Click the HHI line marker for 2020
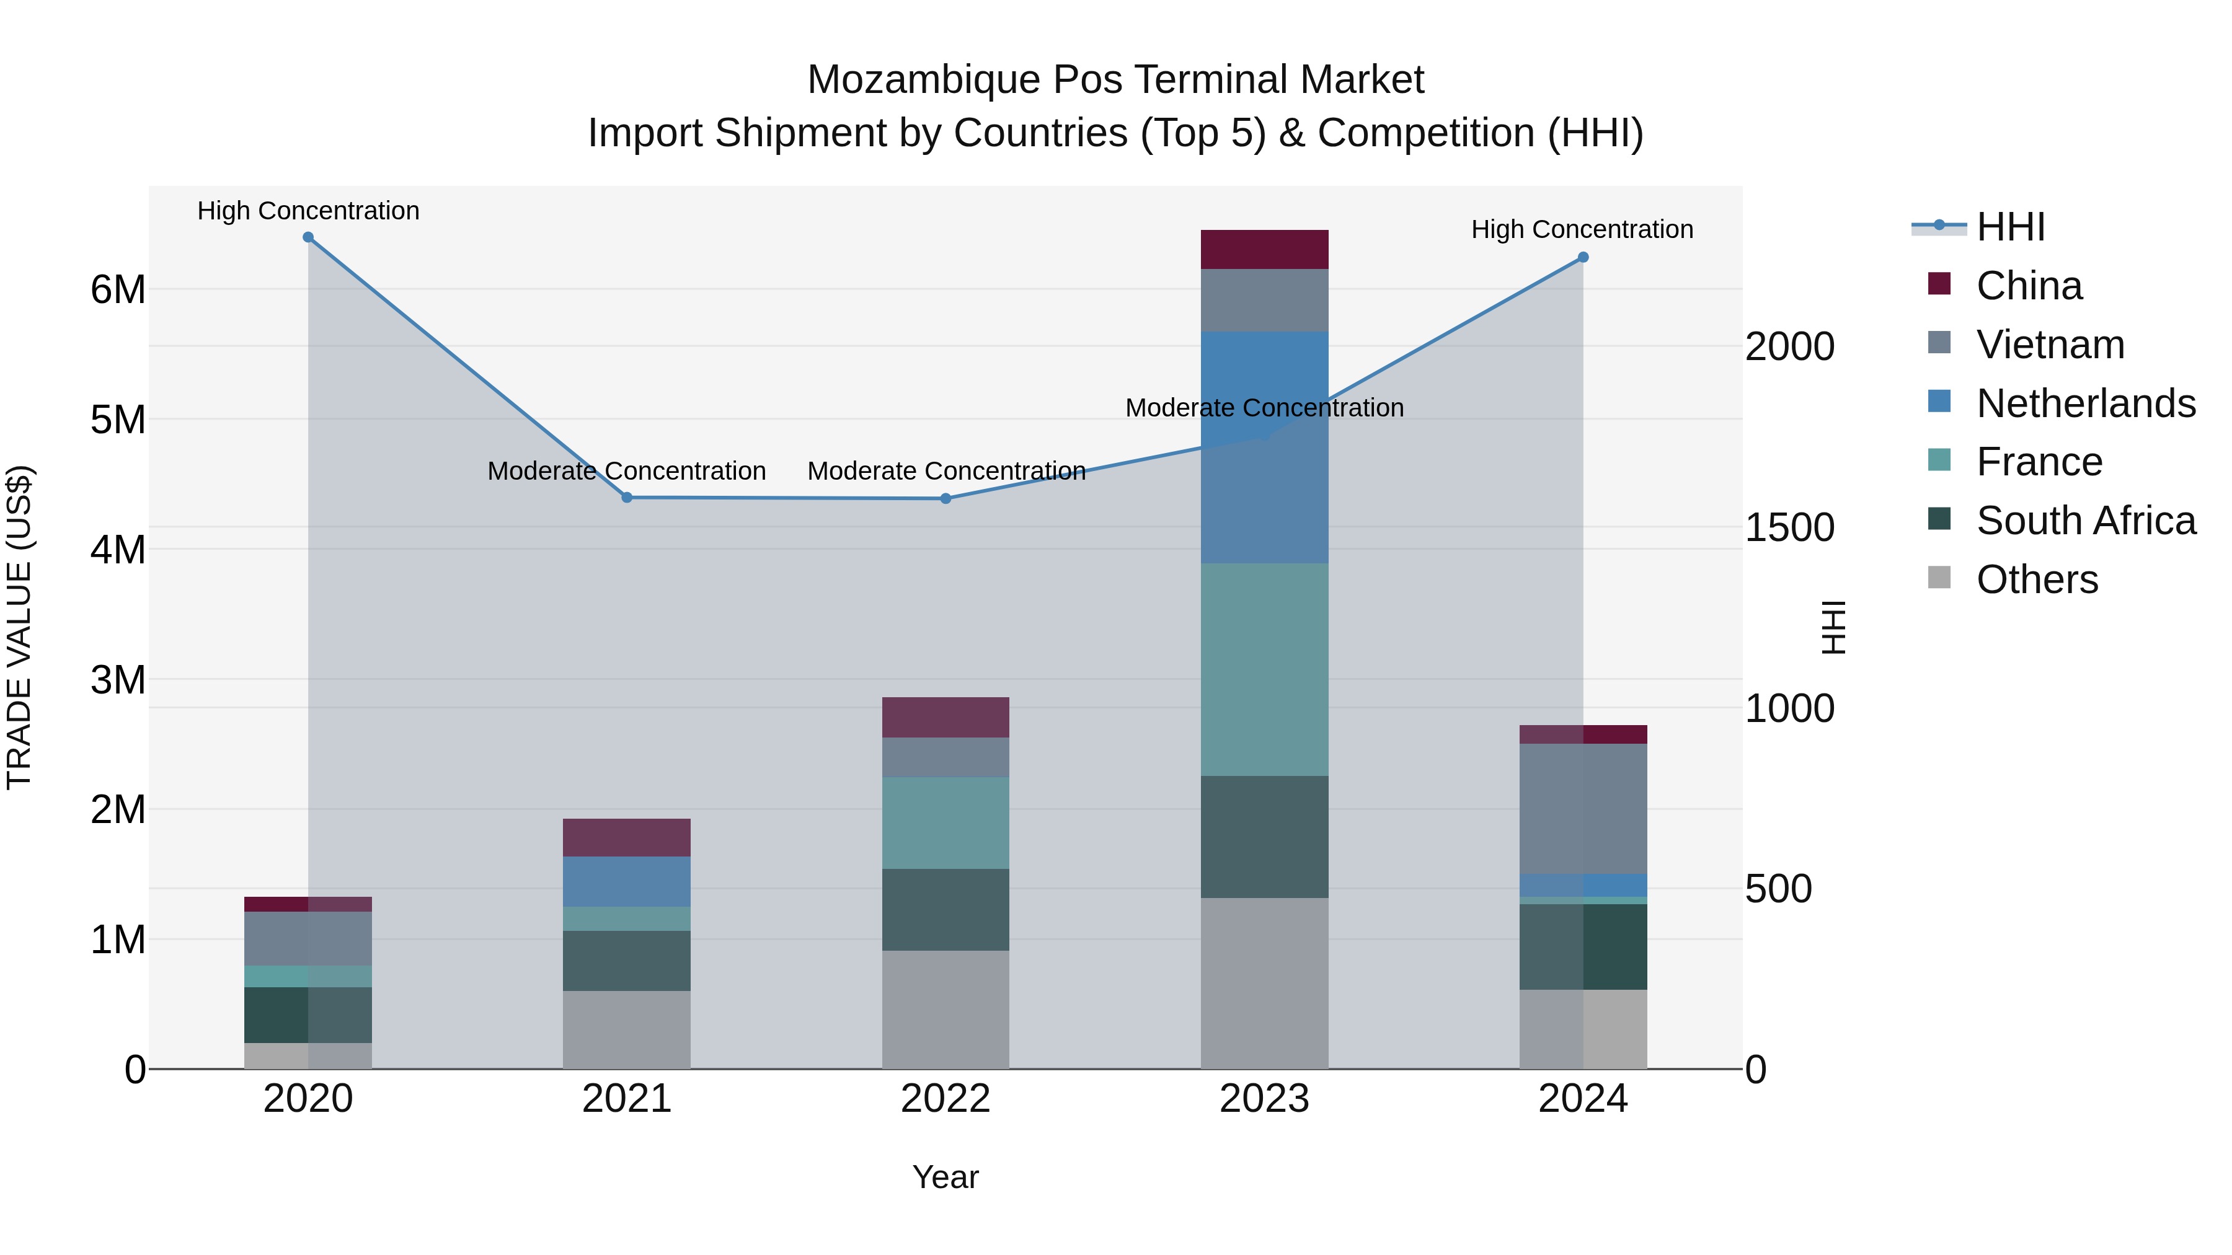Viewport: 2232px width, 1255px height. coord(309,237)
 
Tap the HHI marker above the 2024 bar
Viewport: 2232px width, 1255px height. coord(1583,257)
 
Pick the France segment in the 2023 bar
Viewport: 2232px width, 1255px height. coord(1264,669)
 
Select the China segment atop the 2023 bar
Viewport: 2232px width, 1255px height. coord(1264,249)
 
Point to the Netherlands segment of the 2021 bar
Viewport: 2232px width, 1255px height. coord(627,882)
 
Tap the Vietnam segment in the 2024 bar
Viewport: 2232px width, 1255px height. coord(1583,809)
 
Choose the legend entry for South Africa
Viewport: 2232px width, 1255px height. coord(2086,521)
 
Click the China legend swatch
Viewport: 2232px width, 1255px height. coord(1939,284)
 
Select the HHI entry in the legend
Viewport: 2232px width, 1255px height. coord(2010,227)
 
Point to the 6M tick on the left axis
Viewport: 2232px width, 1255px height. coord(118,289)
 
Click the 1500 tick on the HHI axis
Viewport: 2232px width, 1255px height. coord(1789,527)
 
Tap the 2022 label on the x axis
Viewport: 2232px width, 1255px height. coord(945,1099)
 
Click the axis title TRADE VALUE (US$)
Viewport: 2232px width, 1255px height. coord(19,627)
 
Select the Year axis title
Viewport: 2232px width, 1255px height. coord(945,1177)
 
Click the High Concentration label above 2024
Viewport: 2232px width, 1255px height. coord(1582,229)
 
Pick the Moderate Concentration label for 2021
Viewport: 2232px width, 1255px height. coord(626,471)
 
